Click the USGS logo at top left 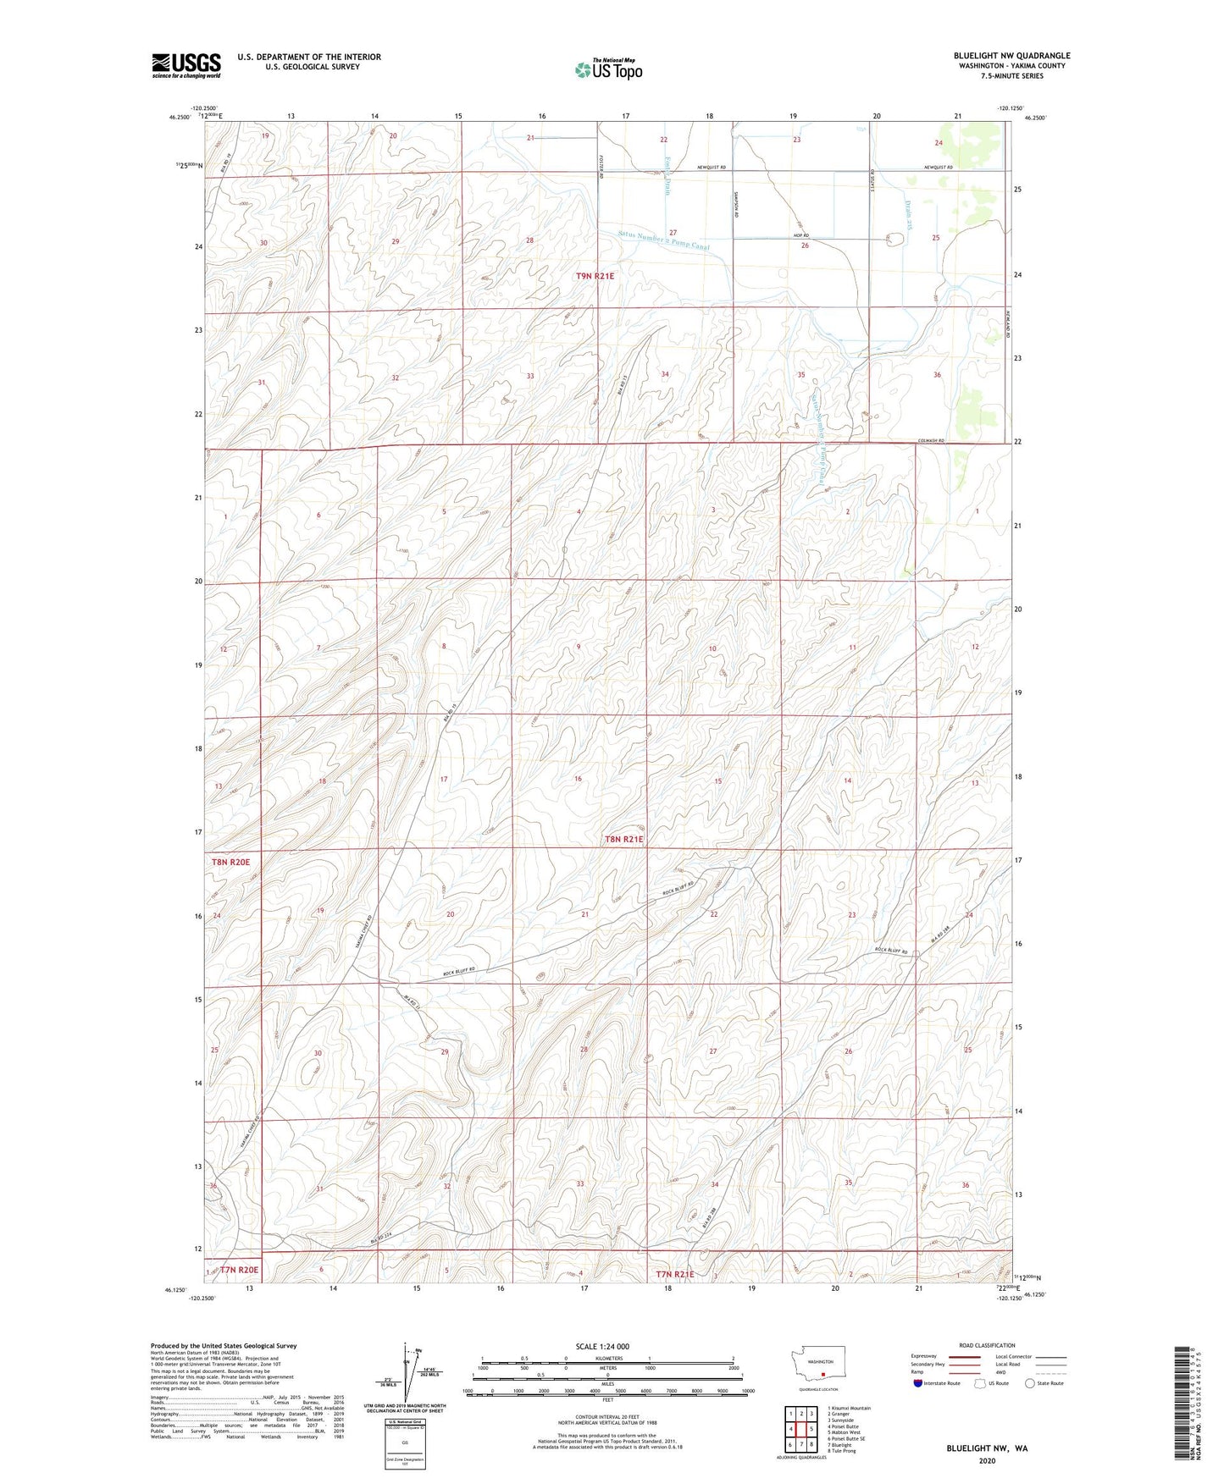pos(186,64)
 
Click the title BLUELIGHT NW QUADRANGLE pos(1011,56)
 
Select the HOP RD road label pos(800,235)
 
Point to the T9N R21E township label pos(595,276)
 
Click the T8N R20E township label pos(231,862)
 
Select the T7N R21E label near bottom pos(674,1274)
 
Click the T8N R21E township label pos(624,840)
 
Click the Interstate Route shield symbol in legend pos(920,1383)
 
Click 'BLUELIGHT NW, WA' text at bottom pos(987,1448)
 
